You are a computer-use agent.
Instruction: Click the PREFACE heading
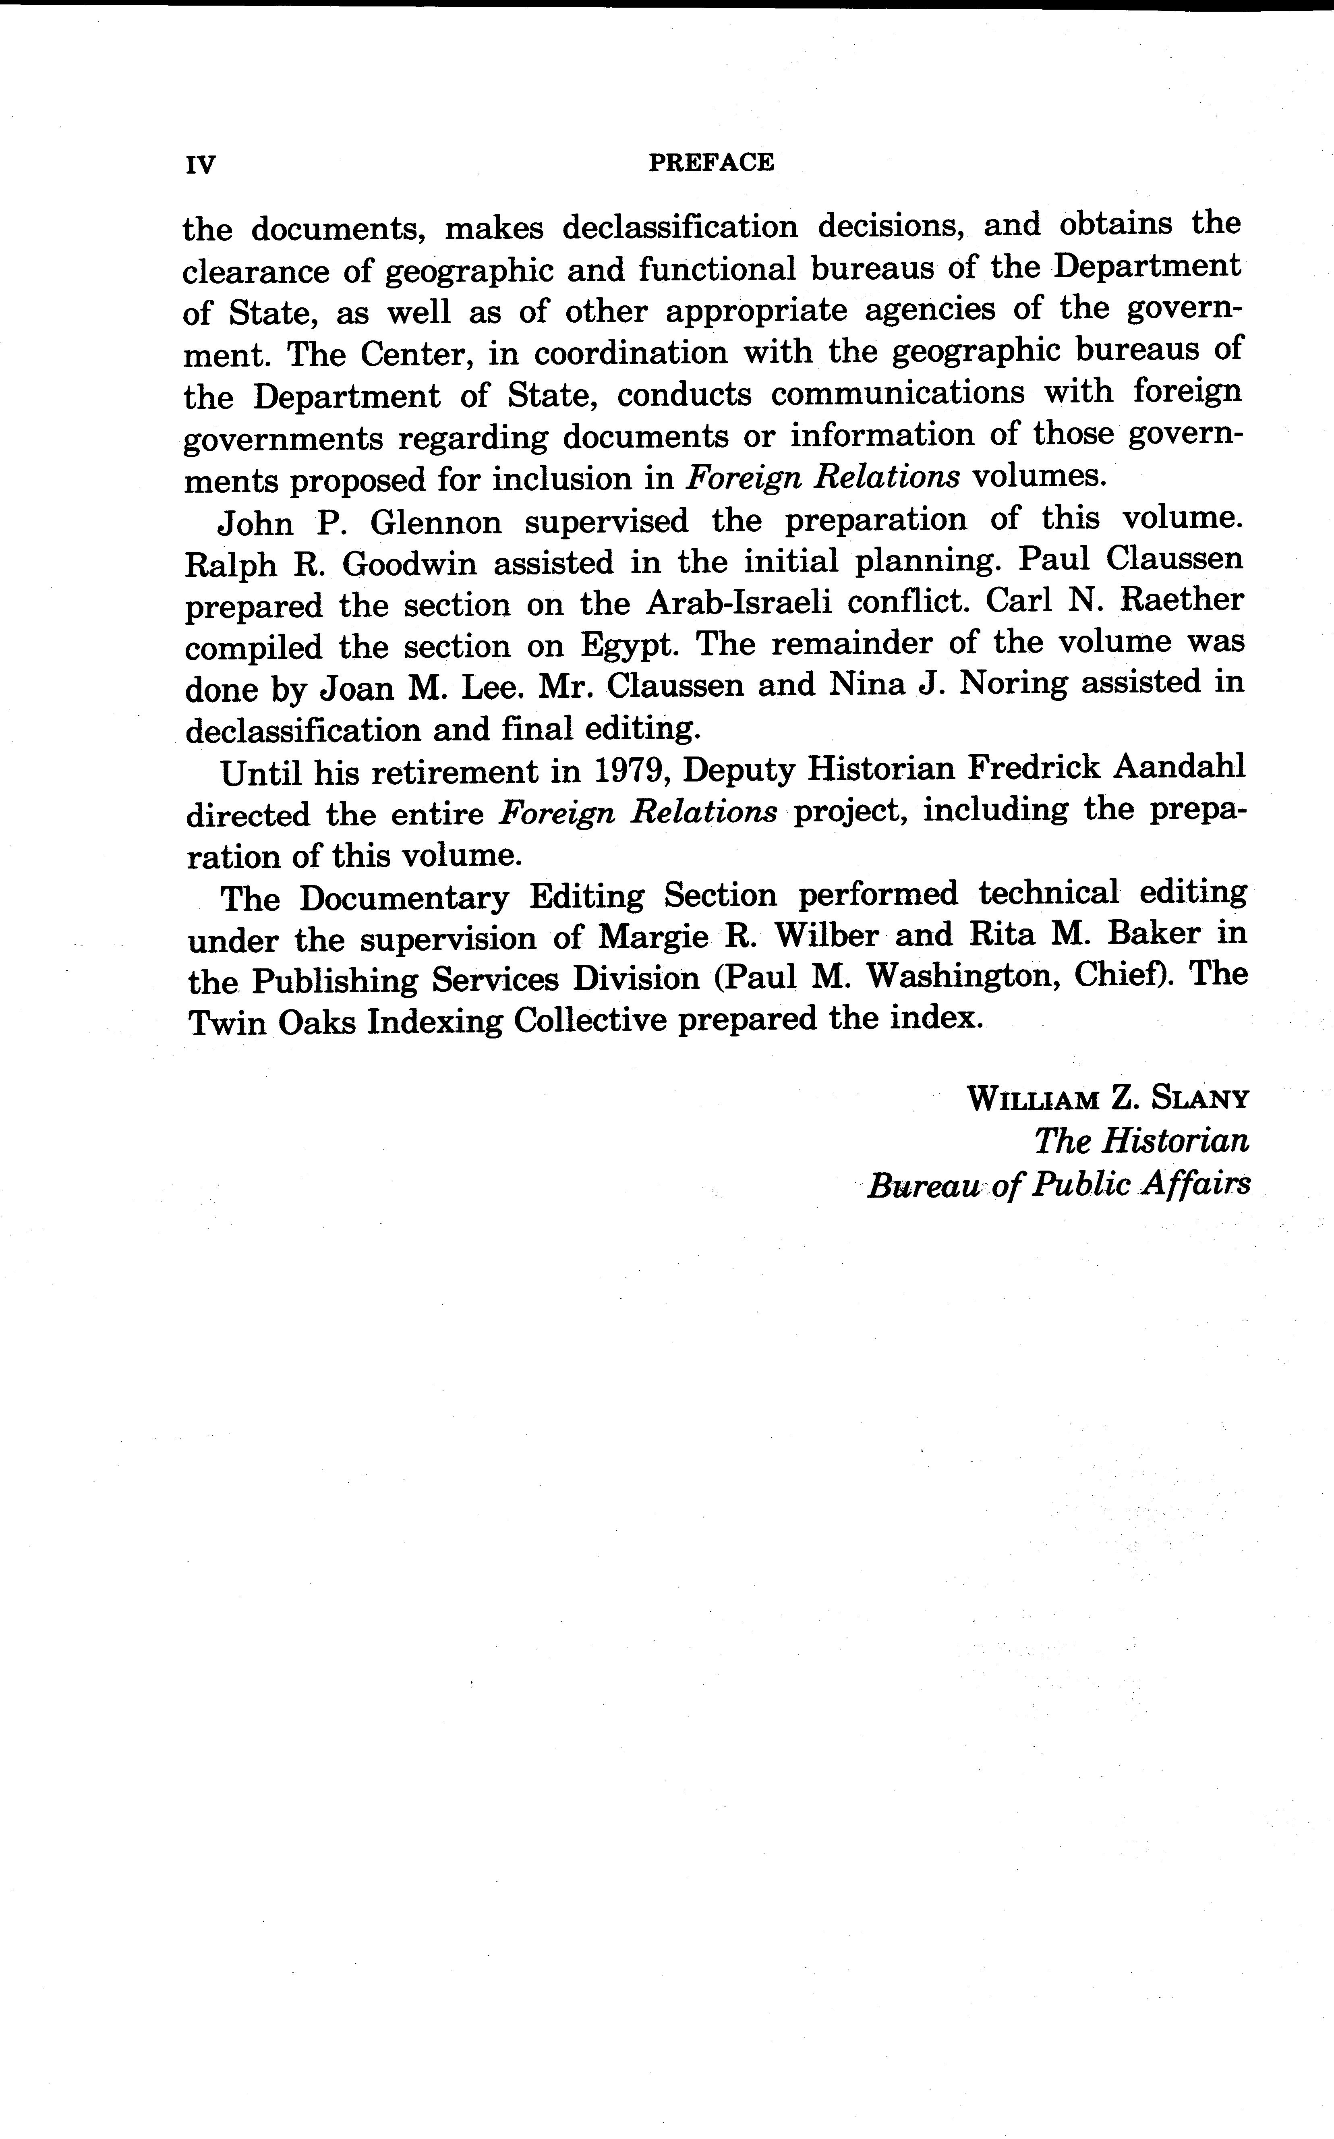click(711, 162)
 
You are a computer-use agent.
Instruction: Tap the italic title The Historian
click(1141, 1142)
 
